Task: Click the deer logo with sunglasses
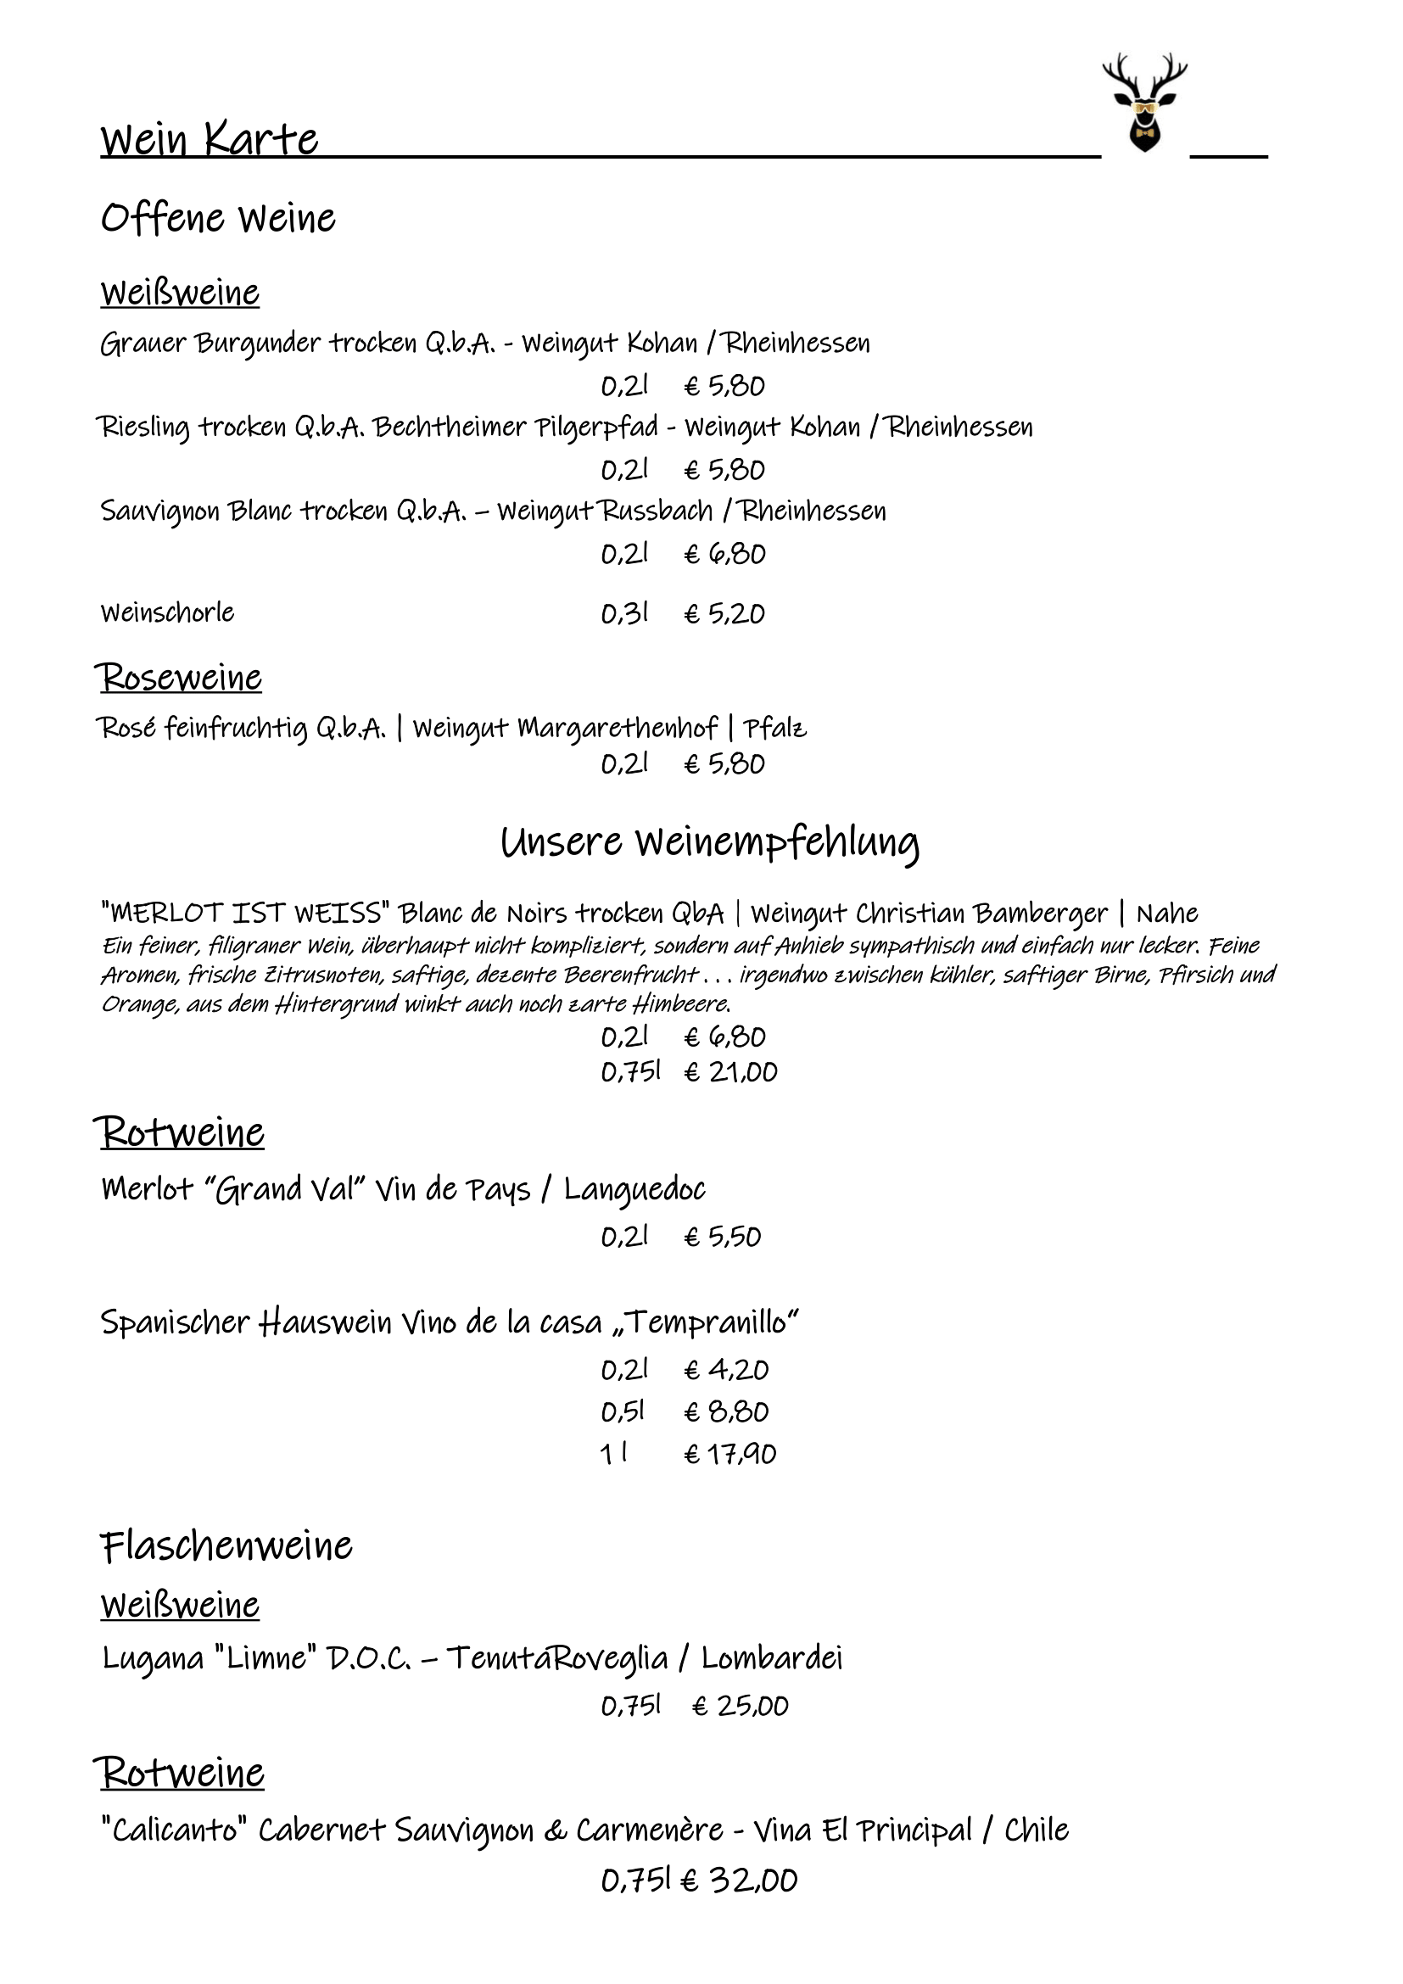coord(1143,103)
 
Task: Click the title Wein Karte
coord(210,139)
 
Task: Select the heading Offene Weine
coord(218,218)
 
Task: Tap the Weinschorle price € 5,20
coord(724,613)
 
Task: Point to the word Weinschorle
coord(168,612)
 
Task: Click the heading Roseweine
coord(179,677)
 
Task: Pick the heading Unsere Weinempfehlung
coord(709,841)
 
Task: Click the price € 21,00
coord(730,1072)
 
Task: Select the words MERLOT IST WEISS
coord(245,913)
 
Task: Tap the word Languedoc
coord(634,1190)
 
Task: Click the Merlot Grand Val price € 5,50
coord(722,1237)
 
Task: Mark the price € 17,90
coord(730,1455)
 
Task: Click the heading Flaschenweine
coord(226,1546)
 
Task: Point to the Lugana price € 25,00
coord(741,1706)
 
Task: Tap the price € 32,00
coord(739,1881)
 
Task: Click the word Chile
coord(1036,1830)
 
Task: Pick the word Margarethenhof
coord(617,729)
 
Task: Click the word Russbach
coord(657,511)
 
